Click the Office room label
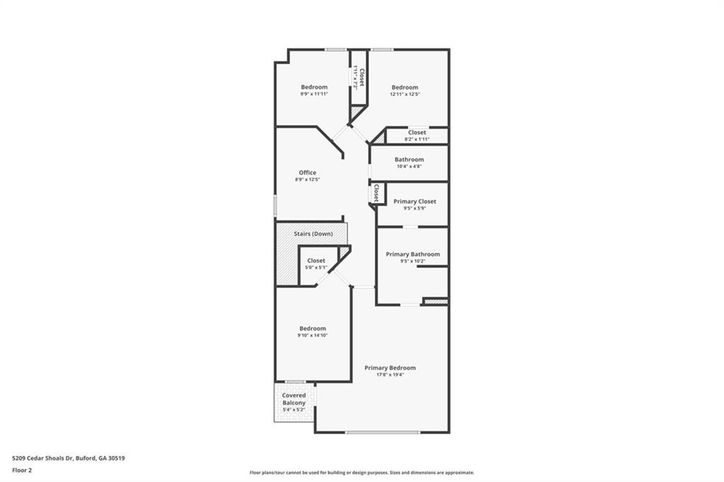(x=307, y=172)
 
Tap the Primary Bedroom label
(x=390, y=368)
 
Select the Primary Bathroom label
(x=412, y=254)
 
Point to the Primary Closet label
(x=414, y=201)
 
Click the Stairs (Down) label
(x=313, y=233)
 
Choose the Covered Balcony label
(x=294, y=399)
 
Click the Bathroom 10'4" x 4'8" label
(x=409, y=160)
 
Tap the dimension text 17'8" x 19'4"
(x=390, y=375)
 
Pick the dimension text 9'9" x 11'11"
(x=314, y=94)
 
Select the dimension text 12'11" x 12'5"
(x=405, y=94)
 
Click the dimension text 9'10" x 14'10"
(x=313, y=335)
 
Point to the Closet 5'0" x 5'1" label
(x=316, y=261)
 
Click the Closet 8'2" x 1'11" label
(x=416, y=132)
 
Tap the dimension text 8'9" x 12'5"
(x=307, y=180)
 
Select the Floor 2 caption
(x=22, y=469)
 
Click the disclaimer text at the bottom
(x=361, y=473)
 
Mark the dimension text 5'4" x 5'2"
(x=294, y=410)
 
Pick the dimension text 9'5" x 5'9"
(x=414, y=208)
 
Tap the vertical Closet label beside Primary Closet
(x=376, y=193)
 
